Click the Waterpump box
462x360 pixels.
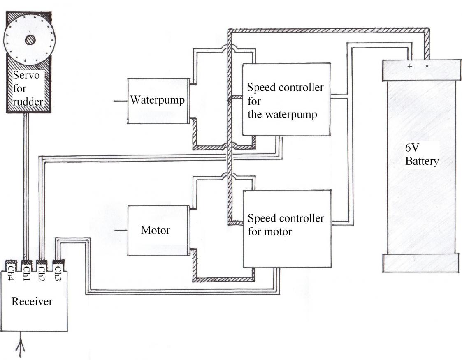pyautogui.click(x=158, y=101)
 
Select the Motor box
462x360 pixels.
pyautogui.click(x=158, y=230)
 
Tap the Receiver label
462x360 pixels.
pyautogui.click(x=32, y=302)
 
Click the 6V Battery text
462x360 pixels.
pyautogui.click(x=421, y=155)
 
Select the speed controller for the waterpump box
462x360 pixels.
pyautogui.click(x=286, y=99)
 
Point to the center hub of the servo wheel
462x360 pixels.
pyautogui.click(x=30, y=40)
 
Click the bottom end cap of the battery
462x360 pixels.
pyautogui.click(x=420, y=263)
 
